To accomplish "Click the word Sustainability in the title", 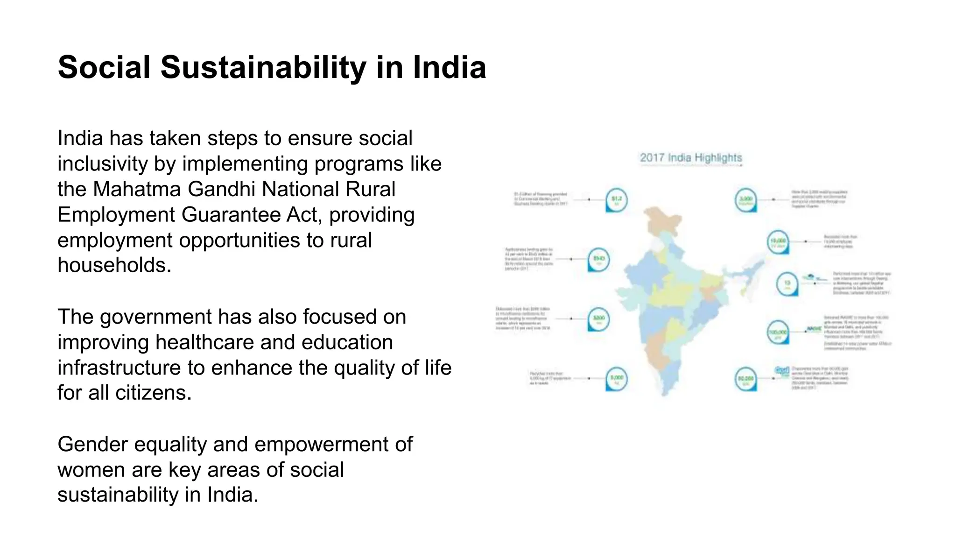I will (x=263, y=68).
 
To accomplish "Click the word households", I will (x=114, y=265).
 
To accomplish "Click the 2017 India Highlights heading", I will (x=691, y=158).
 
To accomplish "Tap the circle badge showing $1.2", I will (x=617, y=200).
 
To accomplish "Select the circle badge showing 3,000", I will (x=746, y=200).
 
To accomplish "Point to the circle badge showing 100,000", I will (x=778, y=333).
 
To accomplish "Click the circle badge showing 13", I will (x=787, y=283).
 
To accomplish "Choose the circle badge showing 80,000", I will (x=745, y=379).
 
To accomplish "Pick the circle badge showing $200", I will (x=598, y=319).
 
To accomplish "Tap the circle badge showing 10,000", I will (x=778, y=242).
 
